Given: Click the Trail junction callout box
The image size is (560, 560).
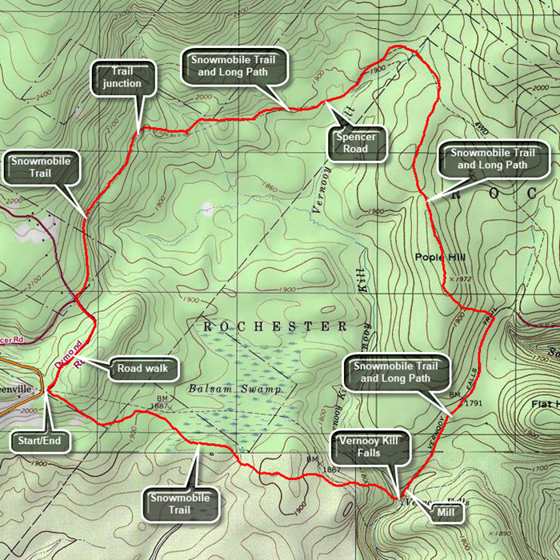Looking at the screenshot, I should tap(122, 78).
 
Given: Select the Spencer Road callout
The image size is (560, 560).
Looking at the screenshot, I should tap(356, 142).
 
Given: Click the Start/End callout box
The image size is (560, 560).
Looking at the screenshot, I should tap(39, 440).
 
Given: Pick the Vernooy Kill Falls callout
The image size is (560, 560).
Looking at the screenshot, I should tap(370, 445).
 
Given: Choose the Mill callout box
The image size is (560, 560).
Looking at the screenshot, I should tap(448, 513).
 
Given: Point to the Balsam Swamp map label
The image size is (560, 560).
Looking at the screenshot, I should tap(225, 389).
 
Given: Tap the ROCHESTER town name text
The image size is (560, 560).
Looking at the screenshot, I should tap(275, 326).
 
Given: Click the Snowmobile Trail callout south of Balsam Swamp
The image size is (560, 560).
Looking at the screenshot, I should tap(179, 503).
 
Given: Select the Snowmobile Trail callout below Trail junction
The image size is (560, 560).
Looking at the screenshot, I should tap(40, 166).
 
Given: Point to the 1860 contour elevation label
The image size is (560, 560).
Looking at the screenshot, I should tap(270, 189).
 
